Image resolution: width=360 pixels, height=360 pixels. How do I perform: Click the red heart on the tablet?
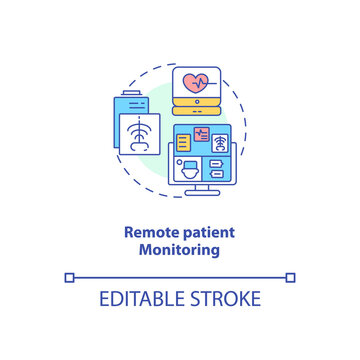point(194,81)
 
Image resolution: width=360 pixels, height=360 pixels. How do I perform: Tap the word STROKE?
point(225,299)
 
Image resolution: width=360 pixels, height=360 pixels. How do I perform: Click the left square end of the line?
point(69,276)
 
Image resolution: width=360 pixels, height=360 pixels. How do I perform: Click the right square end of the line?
point(291,276)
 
